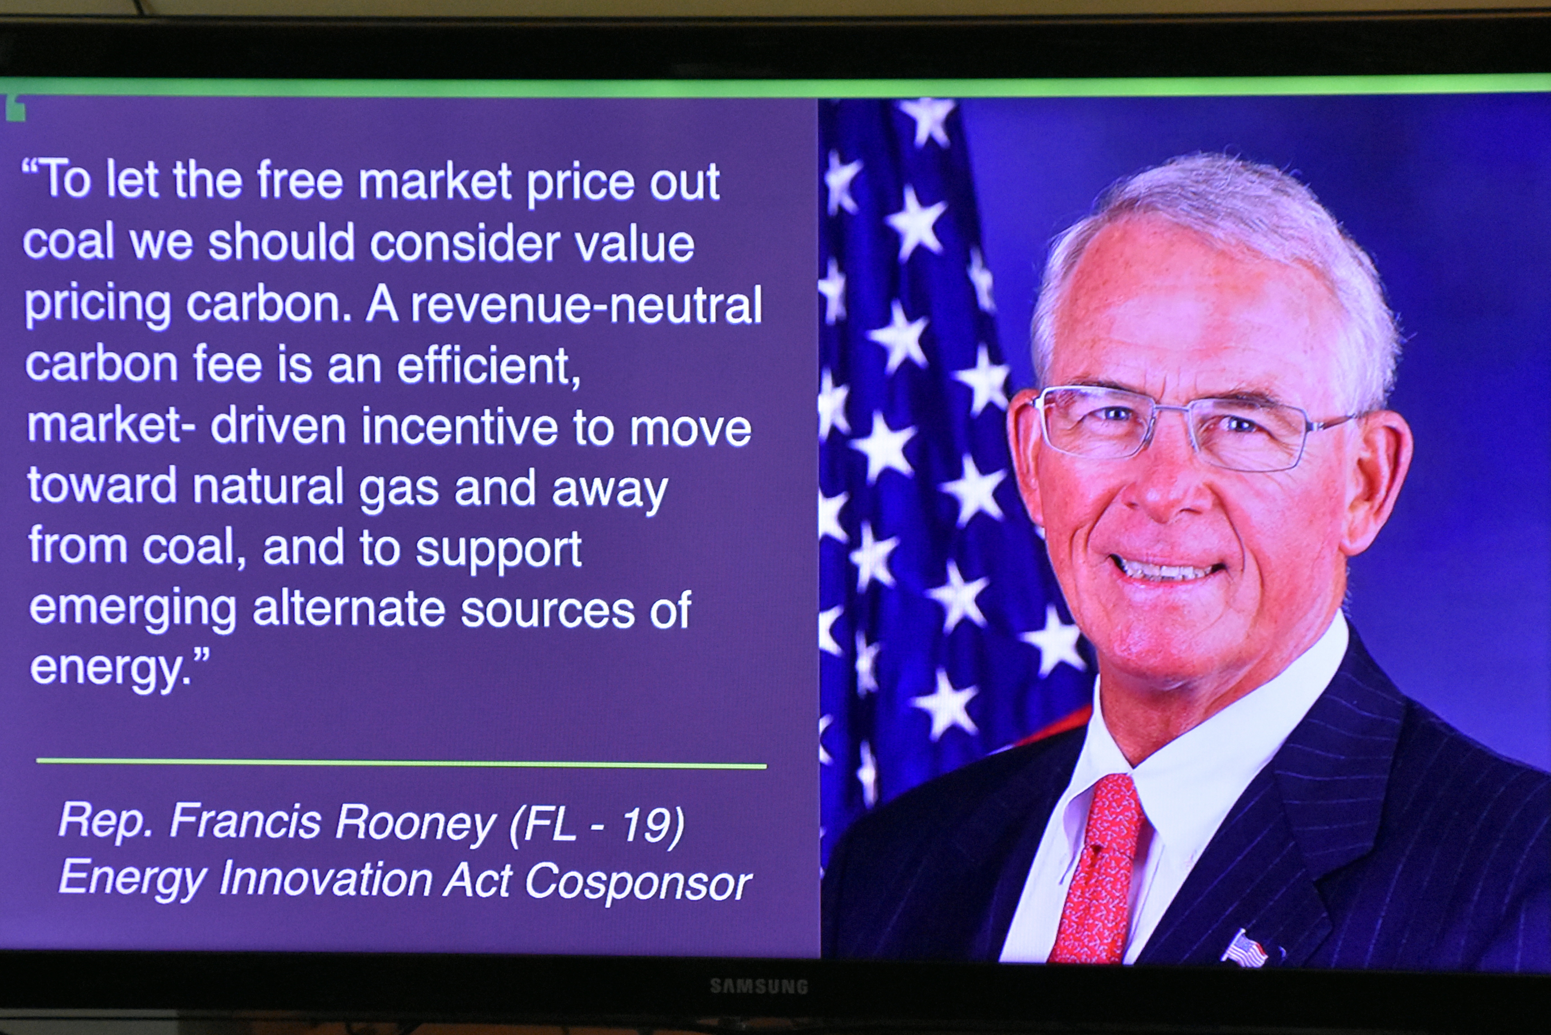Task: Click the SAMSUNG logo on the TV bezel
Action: pos(759,986)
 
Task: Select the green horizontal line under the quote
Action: pos(401,763)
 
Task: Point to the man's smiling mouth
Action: pos(1166,568)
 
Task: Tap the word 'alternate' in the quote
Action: pos(349,609)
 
